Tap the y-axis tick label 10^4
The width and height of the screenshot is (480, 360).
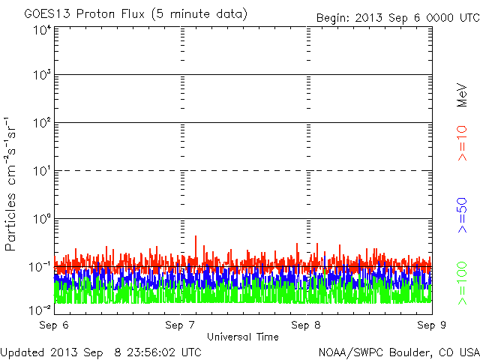(41, 30)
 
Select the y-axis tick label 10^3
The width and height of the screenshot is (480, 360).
(41, 75)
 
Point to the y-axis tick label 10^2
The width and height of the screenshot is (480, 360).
(41, 122)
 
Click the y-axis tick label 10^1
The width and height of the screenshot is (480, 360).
(41, 170)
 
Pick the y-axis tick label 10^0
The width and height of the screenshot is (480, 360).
(41, 218)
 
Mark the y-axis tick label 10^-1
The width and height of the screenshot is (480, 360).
(40, 266)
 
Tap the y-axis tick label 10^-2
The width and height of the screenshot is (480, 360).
(40, 309)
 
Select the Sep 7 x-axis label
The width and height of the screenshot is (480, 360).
(180, 325)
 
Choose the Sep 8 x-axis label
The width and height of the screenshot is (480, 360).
(306, 325)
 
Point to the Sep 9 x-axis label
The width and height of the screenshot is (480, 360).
(431, 325)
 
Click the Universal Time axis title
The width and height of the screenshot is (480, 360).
(242, 337)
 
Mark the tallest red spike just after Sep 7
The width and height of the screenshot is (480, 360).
(196, 237)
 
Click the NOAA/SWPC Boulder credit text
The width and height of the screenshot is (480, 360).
(397, 352)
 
